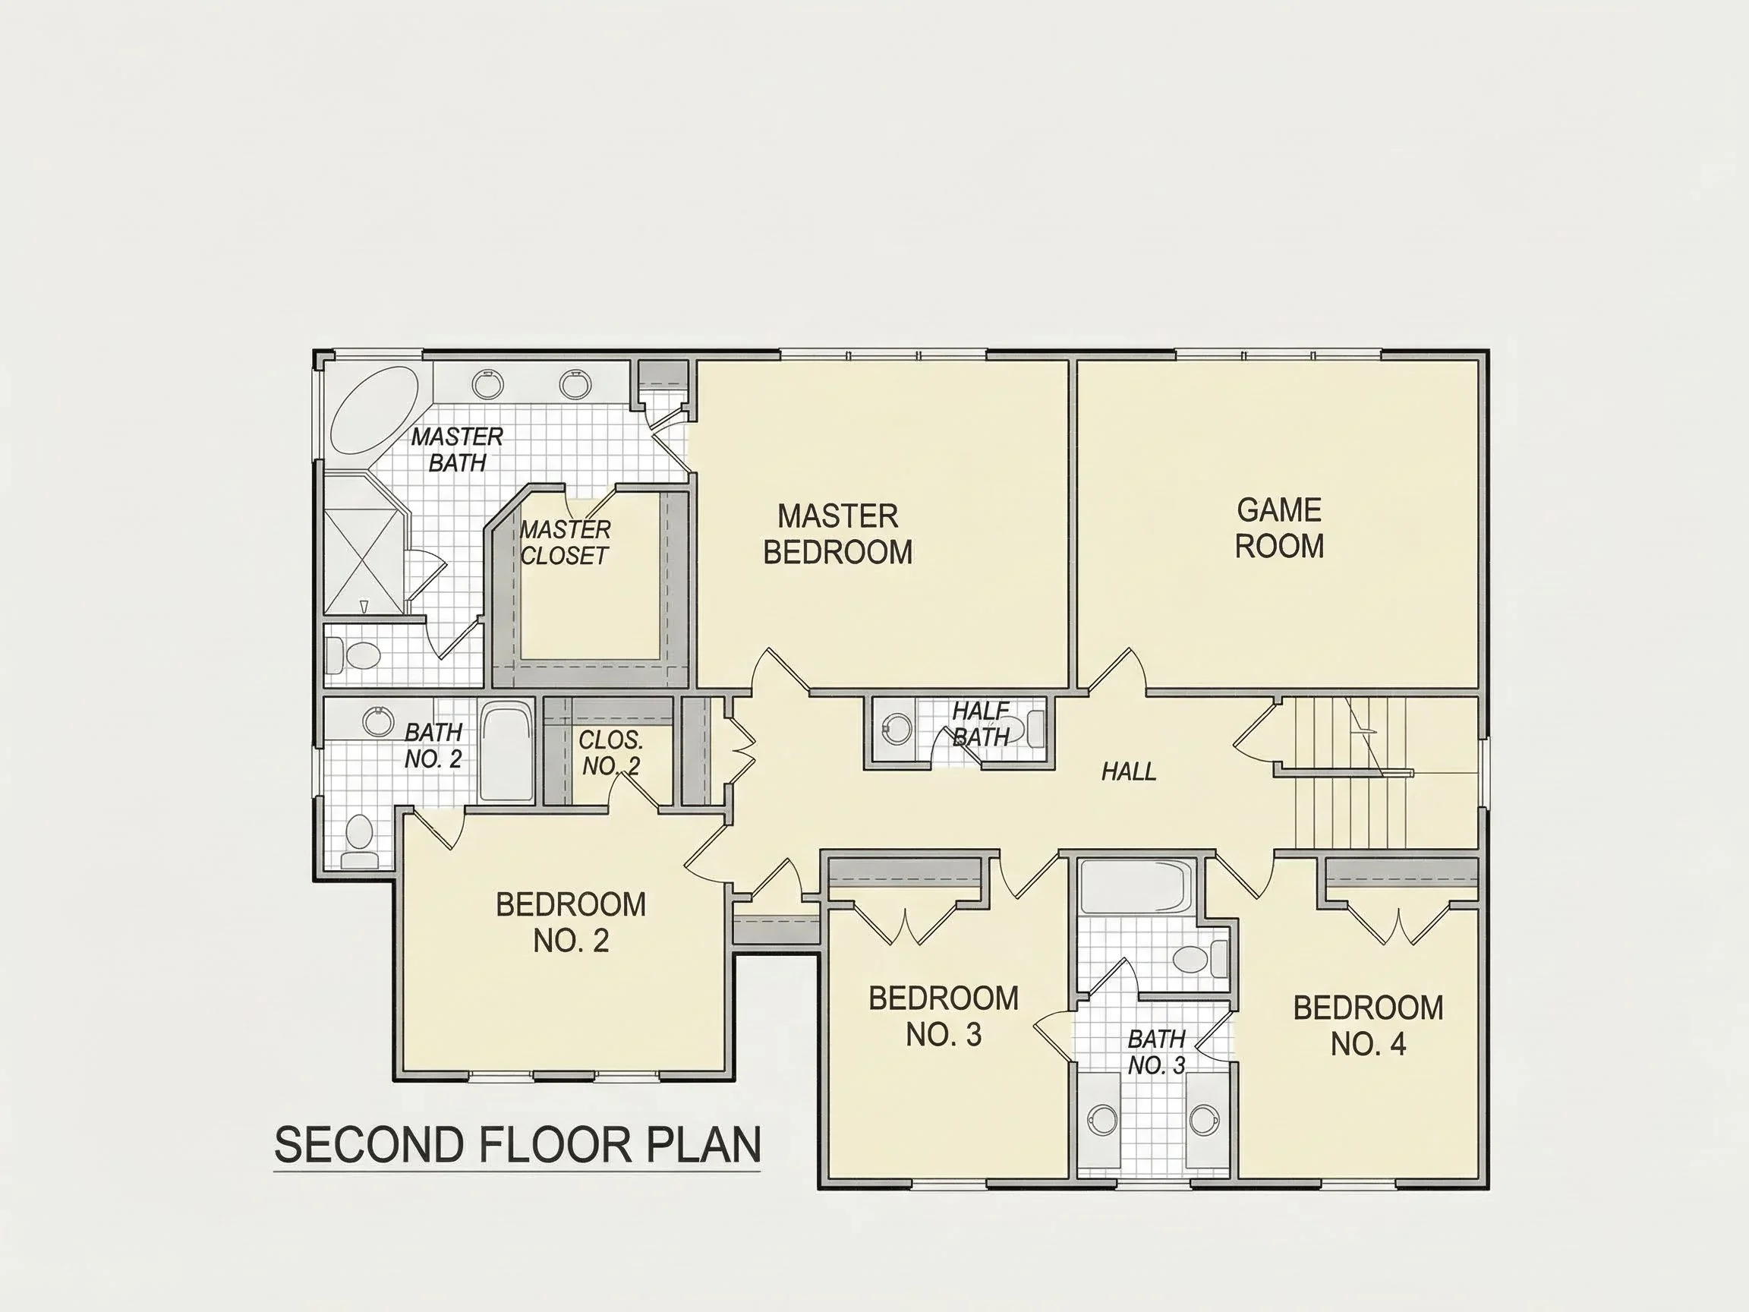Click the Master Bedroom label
click(x=838, y=534)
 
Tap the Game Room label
click(x=1279, y=528)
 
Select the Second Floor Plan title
click(x=517, y=1144)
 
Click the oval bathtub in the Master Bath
click(x=374, y=410)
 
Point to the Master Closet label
click(x=566, y=543)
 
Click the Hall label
click(x=1129, y=771)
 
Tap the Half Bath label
click(x=982, y=724)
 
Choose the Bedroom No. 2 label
click(x=571, y=922)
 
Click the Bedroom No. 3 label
click(x=944, y=1016)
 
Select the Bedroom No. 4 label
click(x=1369, y=1026)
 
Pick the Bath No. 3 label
click(x=1157, y=1052)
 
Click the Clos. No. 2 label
click(x=611, y=753)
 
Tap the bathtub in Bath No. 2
click(x=507, y=752)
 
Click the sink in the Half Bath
click(x=897, y=729)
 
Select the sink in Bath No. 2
click(x=378, y=721)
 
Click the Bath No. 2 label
click(x=433, y=746)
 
